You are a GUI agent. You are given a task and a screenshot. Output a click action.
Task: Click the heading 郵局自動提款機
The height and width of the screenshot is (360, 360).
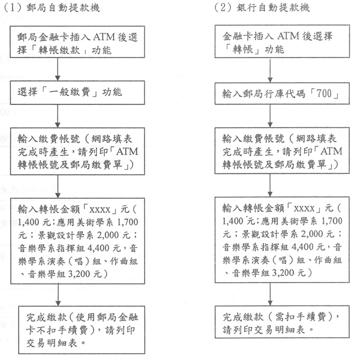[63, 8]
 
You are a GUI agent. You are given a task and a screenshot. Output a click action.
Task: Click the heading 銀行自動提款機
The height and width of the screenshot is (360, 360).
[273, 8]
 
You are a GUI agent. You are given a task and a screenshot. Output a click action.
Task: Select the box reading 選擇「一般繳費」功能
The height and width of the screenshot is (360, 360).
[77, 92]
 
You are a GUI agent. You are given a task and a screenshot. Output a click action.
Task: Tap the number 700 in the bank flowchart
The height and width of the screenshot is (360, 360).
[324, 94]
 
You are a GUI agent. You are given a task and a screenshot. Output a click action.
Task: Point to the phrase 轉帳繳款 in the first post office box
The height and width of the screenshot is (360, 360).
[59, 50]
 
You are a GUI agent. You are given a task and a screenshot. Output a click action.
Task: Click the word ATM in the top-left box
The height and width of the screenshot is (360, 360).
[104, 37]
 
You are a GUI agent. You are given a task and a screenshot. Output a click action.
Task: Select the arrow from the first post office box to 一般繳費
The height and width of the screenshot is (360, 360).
[58, 69]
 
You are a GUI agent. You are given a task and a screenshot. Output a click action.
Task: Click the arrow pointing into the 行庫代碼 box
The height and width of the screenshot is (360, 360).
[270, 70]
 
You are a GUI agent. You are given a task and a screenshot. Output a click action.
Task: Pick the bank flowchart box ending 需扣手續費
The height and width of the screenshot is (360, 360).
[282, 322]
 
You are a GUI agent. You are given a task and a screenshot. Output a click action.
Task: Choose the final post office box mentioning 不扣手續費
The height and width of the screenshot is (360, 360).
[82, 329]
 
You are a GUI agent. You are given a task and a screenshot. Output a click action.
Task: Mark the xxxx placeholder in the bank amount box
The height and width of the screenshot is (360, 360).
[304, 209]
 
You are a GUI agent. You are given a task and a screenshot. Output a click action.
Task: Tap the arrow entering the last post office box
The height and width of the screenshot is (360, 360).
[58, 295]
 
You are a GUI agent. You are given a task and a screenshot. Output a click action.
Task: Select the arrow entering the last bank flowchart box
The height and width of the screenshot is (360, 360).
[270, 294]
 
